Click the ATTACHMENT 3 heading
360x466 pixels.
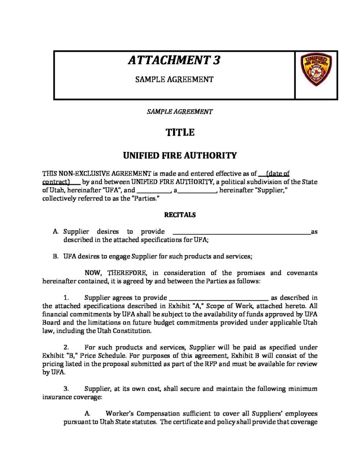pyautogui.click(x=174, y=60)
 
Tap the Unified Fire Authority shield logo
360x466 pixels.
pyautogui.click(x=316, y=69)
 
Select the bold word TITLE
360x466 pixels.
pyautogui.click(x=180, y=132)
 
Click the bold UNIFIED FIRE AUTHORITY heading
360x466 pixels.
pyautogui.click(x=180, y=156)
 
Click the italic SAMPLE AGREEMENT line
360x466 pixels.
pyautogui.click(x=180, y=111)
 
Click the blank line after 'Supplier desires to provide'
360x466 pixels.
pyautogui.click(x=241, y=232)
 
